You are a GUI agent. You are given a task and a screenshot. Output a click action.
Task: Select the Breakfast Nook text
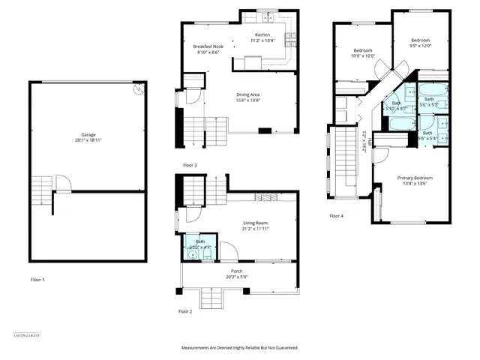[208, 49]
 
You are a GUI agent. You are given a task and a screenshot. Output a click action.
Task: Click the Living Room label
[256, 225]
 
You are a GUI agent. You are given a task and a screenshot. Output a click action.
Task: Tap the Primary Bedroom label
[414, 180]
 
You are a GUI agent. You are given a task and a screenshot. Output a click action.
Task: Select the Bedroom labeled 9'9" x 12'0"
[420, 43]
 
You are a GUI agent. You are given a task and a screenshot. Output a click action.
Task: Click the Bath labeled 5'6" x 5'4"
[427, 135]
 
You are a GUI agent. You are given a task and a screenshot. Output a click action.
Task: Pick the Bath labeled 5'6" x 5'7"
[429, 101]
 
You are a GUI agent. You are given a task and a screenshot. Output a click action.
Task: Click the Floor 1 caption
[37, 280]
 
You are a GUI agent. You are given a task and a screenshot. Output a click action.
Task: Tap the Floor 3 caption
[190, 164]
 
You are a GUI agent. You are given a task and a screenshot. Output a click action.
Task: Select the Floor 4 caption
[337, 216]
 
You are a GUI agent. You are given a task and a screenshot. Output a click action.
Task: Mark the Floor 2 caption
[185, 310]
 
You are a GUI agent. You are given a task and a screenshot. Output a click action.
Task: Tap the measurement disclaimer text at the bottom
[240, 348]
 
